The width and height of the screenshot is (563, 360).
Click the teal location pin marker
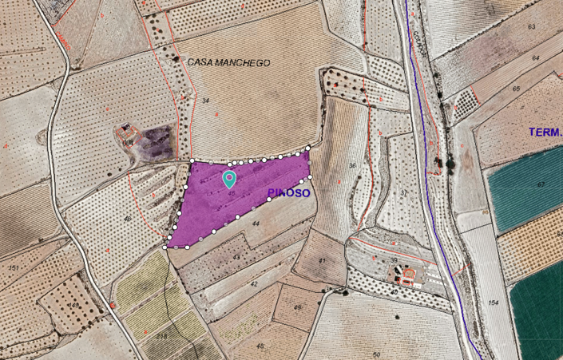[x=229, y=179]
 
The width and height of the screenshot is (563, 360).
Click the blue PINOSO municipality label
[x=289, y=193]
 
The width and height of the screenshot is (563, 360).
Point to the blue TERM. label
[x=545, y=132]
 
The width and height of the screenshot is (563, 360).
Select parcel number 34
[x=205, y=101]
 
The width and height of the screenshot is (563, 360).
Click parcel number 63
[x=531, y=27]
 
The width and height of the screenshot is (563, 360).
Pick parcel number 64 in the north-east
[x=536, y=58]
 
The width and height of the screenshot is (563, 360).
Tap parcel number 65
[x=516, y=88]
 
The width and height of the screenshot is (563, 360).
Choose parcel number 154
[x=493, y=303]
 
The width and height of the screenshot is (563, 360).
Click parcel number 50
[x=375, y=354]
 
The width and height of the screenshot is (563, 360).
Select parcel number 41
[x=322, y=261]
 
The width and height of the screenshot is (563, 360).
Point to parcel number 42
[x=254, y=283]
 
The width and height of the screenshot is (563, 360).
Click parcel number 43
[x=236, y=257]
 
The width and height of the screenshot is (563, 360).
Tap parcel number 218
[x=162, y=338]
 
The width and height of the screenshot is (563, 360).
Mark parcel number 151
[x=13, y=267]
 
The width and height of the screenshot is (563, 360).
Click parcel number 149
[x=73, y=305]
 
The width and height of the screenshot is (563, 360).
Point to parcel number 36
[x=352, y=166]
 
